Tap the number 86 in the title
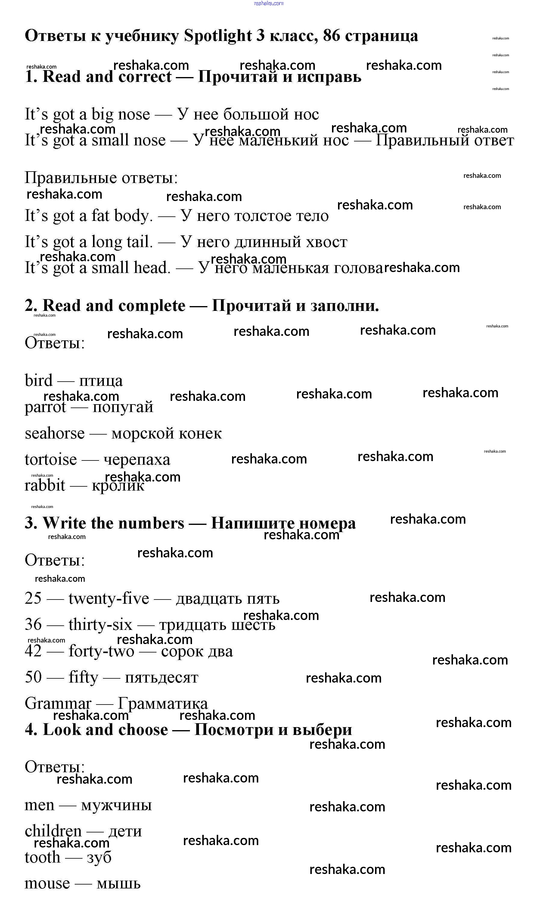[331, 36]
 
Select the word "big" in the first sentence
[102, 115]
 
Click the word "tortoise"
[51, 460]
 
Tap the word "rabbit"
[45, 485]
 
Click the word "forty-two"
[101, 651]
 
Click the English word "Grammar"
[58, 703]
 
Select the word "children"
[53, 831]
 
